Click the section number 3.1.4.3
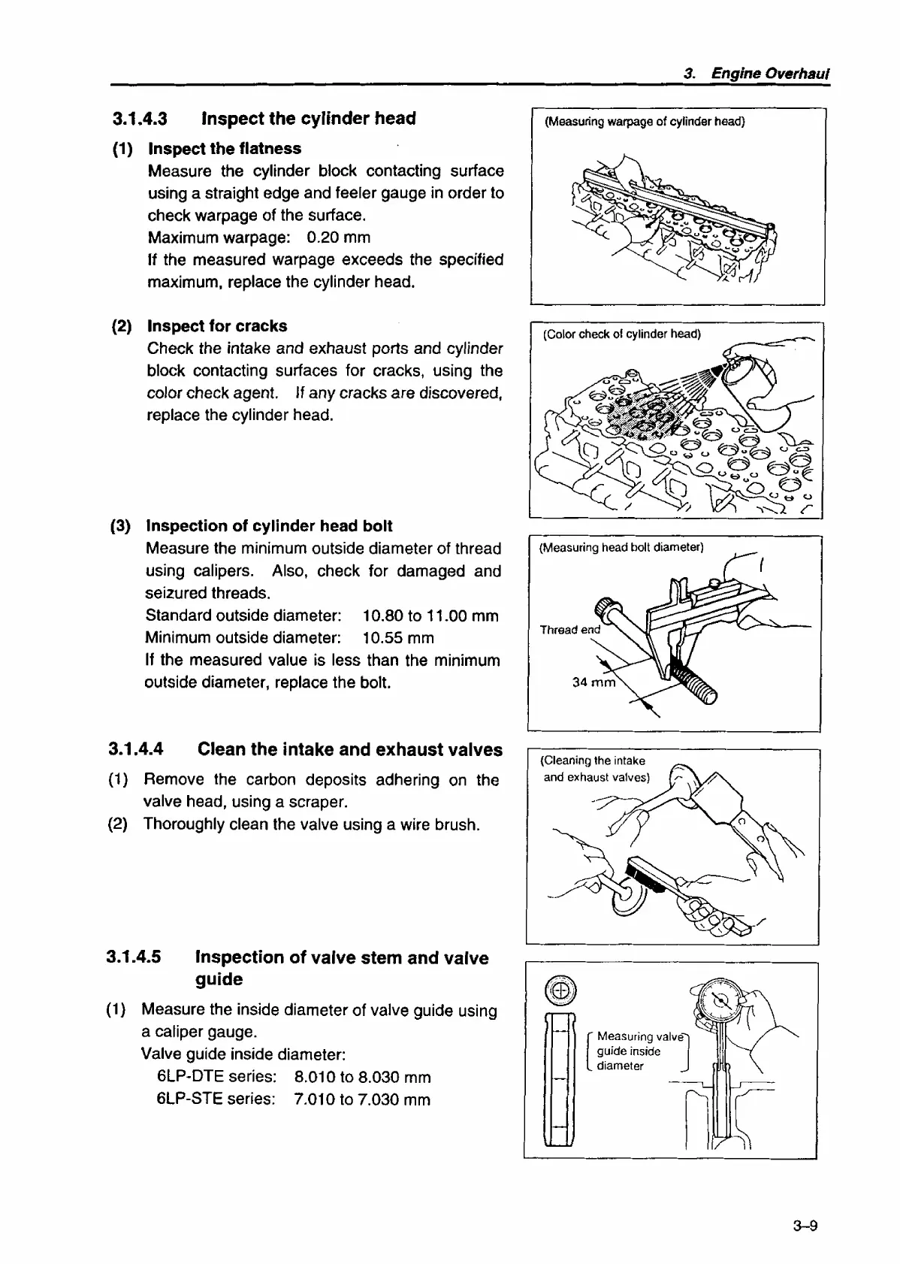pos(139,119)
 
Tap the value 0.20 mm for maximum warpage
pos(338,237)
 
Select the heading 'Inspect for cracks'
pos(217,326)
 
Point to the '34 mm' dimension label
pos(593,682)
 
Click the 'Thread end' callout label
pos(570,630)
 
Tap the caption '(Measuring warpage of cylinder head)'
pos(645,122)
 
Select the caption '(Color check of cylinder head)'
pos(621,334)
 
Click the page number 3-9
pos(804,1227)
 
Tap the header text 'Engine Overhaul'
pos(770,74)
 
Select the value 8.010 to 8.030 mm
pos(363,1078)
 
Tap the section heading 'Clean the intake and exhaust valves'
pos(349,750)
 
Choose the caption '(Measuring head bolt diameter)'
pos(621,548)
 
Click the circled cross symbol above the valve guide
pos(560,993)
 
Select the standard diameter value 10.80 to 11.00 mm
pos(430,616)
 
